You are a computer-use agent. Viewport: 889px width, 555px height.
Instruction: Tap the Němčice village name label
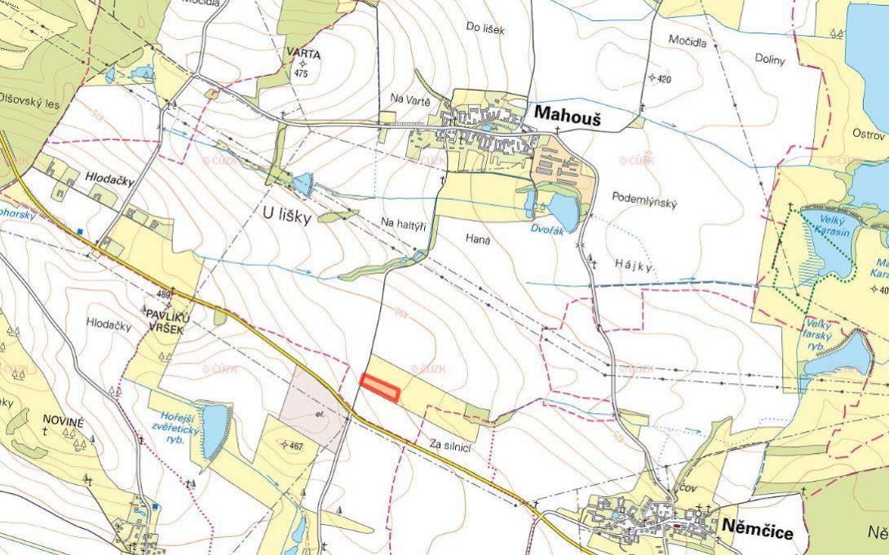click(x=757, y=531)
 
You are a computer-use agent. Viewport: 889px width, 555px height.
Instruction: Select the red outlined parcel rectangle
click(x=380, y=387)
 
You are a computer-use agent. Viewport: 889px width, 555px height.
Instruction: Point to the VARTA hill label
click(x=303, y=55)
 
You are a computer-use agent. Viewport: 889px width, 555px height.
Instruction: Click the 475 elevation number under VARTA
click(x=302, y=74)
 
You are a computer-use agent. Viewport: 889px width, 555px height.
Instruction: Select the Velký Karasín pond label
click(x=830, y=227)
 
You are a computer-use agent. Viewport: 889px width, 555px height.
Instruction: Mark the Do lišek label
click(x=485, y=29)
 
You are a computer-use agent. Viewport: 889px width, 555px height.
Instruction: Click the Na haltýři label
click(x=405, y=223)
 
